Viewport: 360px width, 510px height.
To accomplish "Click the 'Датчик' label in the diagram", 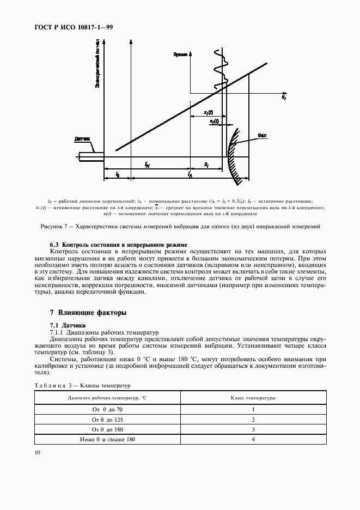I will (83, 140).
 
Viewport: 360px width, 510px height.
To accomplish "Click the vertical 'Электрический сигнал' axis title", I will (97, 63).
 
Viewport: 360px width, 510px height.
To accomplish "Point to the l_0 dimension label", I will (118, 174).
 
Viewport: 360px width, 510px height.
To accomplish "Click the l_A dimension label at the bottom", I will (190, 175).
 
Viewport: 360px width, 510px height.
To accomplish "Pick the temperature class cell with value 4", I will (253, 439).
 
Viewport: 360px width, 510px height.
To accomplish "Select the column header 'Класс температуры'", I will (253, 398).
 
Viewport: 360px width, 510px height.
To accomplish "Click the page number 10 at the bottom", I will (37, 452).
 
